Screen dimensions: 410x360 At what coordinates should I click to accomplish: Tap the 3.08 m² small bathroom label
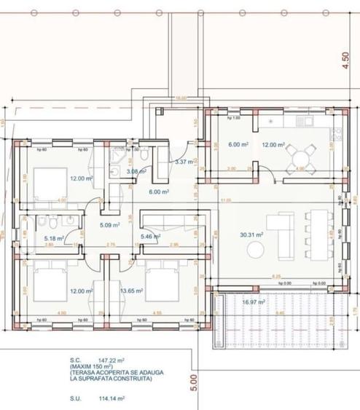point(136,172)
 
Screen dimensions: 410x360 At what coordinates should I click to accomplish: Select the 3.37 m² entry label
point(184,162)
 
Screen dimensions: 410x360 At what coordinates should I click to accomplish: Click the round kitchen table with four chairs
point(301,155)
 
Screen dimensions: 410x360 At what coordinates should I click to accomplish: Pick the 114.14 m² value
point(106,398)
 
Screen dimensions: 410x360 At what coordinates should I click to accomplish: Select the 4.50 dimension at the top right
point(345,60)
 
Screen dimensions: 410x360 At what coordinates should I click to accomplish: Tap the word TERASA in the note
point(83,374)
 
